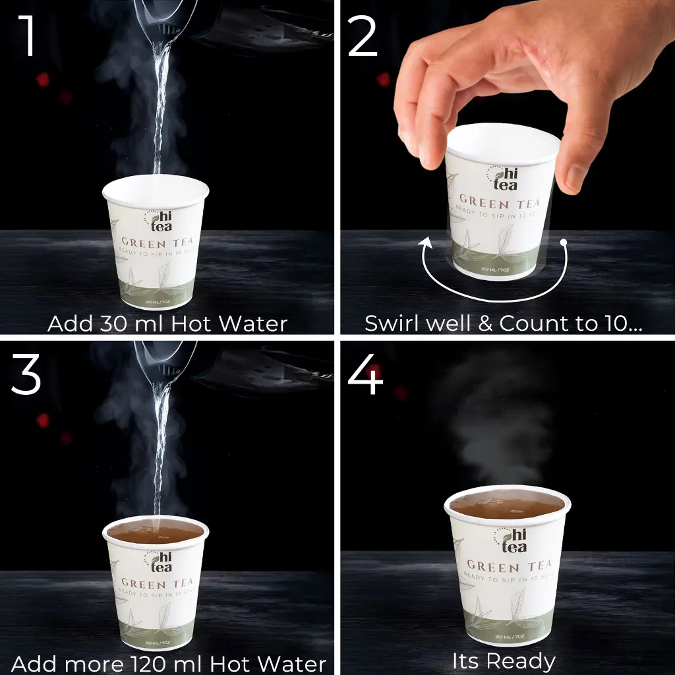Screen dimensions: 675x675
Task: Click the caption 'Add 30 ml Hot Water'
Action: click(x=167, y=324)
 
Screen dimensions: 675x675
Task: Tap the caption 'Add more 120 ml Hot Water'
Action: click(x=169, y=662)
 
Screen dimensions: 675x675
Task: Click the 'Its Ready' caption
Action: click(x=504, y=660)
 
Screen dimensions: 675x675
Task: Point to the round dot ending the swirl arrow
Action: click(x=564, y=243)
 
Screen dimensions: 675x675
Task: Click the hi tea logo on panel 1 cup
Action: click(x=158, y=220)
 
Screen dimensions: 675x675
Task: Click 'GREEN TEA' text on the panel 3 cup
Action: click(x=157, y=583)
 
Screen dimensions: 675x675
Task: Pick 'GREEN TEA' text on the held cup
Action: click(x=499, y=202)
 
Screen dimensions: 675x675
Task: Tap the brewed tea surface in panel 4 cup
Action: click(x=506, y=506)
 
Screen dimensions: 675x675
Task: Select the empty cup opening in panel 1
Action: click(x=156, y=189)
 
